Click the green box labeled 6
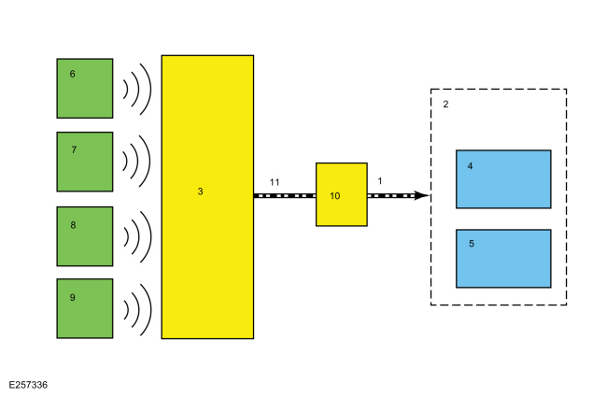click(x=85, y=89)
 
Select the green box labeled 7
click(x=85, y=162)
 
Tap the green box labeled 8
click(x=85, y=236)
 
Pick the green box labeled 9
click(x=85, y=308)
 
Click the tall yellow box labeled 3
click(x=207, y=197)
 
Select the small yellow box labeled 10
click(x=342, y=194)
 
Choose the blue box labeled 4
click(x=503, y=179)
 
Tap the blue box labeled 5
click(x=503, y=259)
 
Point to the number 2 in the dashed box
click(x=445, y=105)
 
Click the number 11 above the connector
click(x=275, y=182)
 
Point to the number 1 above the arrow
click(x=380, y=181)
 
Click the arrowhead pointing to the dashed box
click(x=422, y=195)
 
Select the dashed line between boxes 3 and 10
click(x=285, y=196)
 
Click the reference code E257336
click(x=28, y=385)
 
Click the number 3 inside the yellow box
click(x=200, y=191)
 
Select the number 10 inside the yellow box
click(x=335, y=196)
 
